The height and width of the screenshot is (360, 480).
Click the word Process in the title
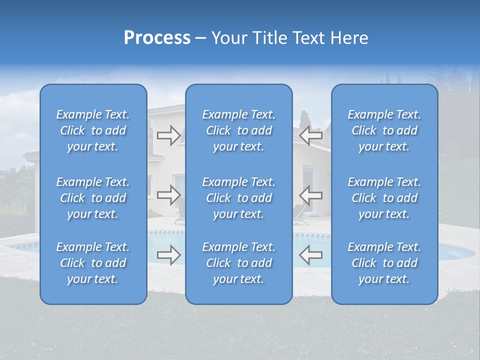157,37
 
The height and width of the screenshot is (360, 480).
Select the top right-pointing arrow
168,135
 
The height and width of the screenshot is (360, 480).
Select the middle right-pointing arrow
168,194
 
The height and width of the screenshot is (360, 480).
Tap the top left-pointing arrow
310,135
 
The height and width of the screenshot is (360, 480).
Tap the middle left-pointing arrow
310,194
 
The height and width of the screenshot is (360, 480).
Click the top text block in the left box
93,130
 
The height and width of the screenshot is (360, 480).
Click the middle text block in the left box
93,198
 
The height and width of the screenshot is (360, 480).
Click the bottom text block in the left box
93,263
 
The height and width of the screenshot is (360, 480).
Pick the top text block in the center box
239,130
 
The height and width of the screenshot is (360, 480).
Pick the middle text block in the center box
239,198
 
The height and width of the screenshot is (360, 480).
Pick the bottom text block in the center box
239,263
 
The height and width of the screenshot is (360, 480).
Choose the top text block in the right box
384,130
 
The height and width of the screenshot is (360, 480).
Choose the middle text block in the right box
384,198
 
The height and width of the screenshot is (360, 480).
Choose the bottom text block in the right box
384,263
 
